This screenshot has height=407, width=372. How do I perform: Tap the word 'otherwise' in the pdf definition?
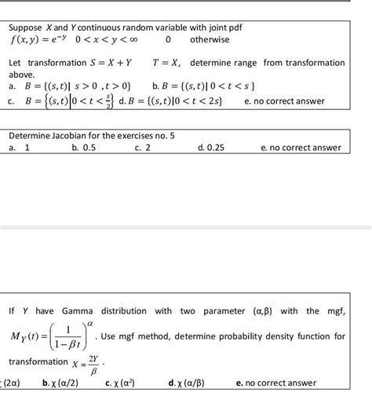209,39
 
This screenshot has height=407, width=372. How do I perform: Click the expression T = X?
164,61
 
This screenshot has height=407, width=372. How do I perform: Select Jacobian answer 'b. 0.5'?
82,148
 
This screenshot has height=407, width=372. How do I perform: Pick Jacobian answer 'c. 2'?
142,148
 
